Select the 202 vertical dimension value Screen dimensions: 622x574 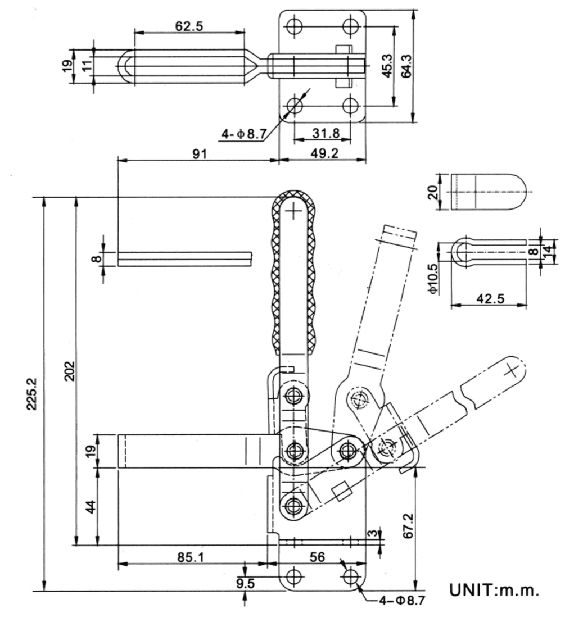69,371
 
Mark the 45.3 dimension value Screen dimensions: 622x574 387,65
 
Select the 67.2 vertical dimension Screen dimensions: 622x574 409,525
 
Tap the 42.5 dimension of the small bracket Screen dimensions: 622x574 489,298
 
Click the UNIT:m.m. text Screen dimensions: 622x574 494,590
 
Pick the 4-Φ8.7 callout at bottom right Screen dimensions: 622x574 398,601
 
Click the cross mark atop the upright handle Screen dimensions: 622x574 294,211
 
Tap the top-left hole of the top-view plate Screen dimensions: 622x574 294,26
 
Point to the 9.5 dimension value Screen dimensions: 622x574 245,583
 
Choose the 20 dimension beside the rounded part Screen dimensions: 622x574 432,193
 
